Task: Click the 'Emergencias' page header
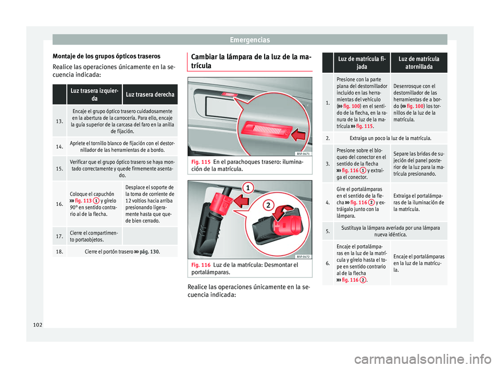coord(250,40)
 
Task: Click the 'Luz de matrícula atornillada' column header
coord(415,63)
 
